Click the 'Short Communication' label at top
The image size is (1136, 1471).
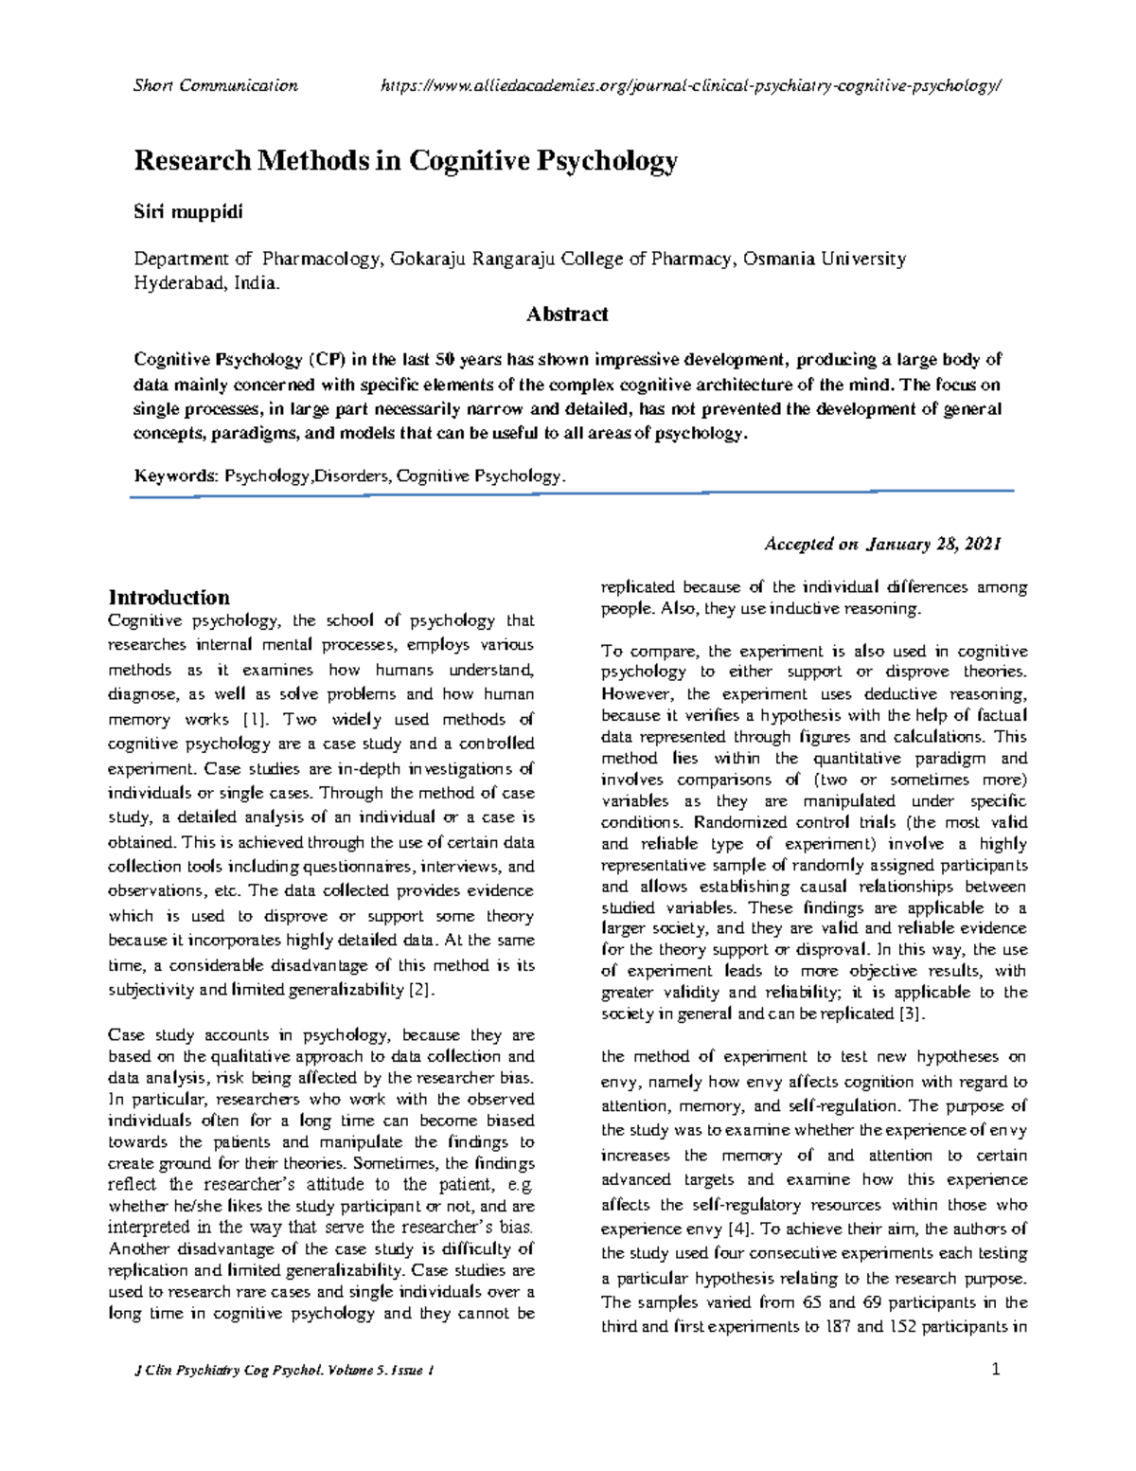216,86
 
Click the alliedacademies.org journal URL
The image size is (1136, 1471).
689,86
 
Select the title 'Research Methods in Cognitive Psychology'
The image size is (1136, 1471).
405,161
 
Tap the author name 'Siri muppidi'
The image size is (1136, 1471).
187,212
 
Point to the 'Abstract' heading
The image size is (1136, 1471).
566,314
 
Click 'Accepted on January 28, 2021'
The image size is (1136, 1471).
881,544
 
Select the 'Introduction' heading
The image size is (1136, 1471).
169,598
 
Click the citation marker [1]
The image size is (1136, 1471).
256,719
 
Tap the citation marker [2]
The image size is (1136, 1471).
419,990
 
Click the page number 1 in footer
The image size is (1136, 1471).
996,1370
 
